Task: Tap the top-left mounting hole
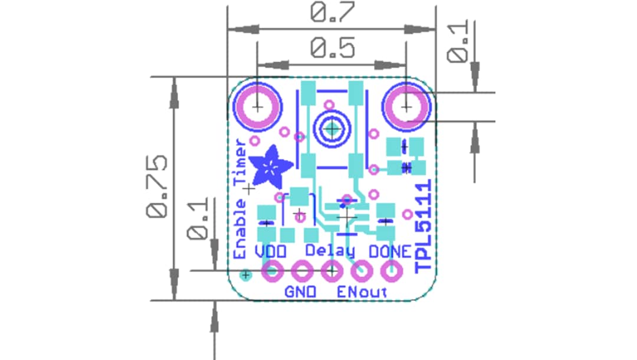click(257, 107)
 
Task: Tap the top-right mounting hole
click(406, 107)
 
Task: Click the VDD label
click(271, 251)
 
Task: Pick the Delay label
click(330, 251)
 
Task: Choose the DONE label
click(390, 251)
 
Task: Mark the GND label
click(301, 292)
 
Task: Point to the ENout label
click(362, 292)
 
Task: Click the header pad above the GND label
click(302, 272)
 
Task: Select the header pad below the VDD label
click(272, 272)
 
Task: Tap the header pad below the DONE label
click(390, 273)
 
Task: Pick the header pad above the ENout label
click(361, 272)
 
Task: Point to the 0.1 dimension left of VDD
click(198, 218)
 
